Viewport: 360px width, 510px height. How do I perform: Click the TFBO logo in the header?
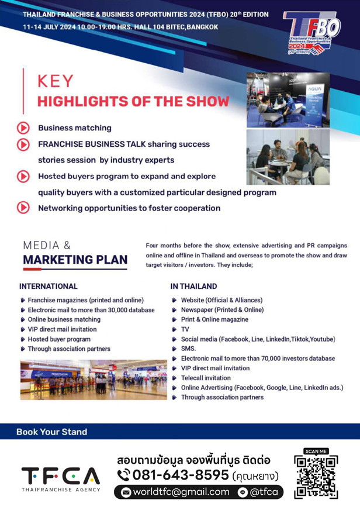click(x=311, y=33)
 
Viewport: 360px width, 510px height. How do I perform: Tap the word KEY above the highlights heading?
click(x=56, y=81)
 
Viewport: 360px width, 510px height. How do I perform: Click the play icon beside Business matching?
click(x=23, y=128)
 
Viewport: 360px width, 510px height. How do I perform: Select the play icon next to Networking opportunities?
click(x=23, y=208)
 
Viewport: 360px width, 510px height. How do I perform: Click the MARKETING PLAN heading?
click(x=75, y=260)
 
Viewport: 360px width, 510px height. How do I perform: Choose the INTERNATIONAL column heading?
click(x=49, y=286)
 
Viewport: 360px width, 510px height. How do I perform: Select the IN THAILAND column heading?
click(x=193, y=286)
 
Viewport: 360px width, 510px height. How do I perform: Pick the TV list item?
click(x=185, y=329)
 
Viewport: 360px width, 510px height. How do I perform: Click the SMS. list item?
click(x=188, y=349)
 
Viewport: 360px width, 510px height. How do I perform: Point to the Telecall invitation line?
click(x=206, y=378)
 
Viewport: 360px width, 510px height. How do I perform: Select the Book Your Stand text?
click(x=51, y=432)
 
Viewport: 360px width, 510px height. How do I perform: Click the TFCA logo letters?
click(x=61, y=476)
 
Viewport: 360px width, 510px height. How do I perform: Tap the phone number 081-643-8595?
click(x=181, y=475)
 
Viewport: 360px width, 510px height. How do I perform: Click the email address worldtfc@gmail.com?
click(x=181, y=492)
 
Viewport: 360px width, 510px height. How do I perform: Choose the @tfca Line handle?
click(x=264, y=492)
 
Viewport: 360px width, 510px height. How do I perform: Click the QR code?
click(x=316, y=477)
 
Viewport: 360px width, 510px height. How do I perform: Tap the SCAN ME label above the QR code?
click(x=316, y=451)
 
